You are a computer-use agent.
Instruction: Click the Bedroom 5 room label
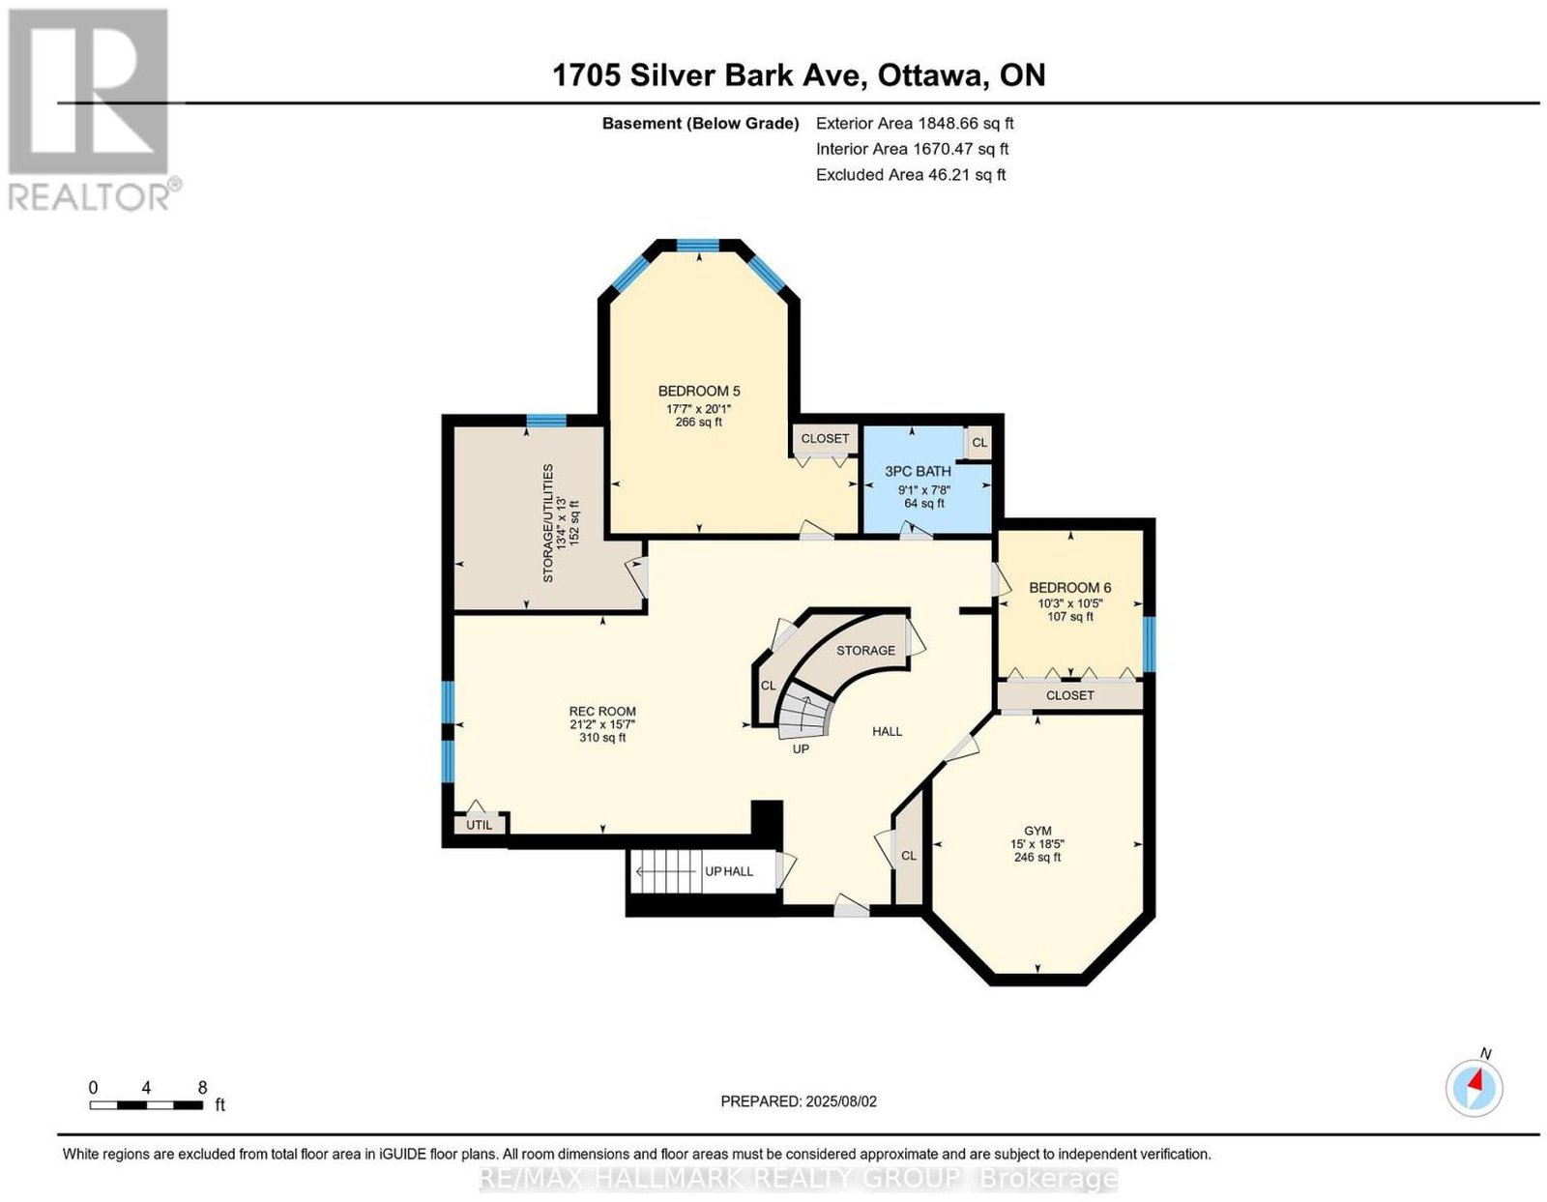[x=698, y=391]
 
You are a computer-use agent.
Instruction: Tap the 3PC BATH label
[x=917, y=470]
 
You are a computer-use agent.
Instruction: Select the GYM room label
[x=1037, y=830]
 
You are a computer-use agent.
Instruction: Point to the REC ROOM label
[x=602, y=711]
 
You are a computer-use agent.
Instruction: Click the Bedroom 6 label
[x=1070, y=587]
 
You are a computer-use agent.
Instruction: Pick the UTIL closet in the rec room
[x=481, y=824]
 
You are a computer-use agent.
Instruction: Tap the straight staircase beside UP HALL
[x=665, y=871]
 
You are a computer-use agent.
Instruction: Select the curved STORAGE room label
[x=865, y=650]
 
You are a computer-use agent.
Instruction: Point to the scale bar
[x=146, y=1105]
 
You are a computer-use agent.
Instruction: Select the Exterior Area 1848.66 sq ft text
[x=915, y=123]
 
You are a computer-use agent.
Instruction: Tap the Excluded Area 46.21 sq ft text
[x=911, y=174]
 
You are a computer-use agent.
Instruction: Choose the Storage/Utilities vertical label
[x=547, y=523]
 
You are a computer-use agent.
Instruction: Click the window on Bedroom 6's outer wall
[x=1149, y=644]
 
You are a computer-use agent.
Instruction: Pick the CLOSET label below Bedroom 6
[x=1070, y=695]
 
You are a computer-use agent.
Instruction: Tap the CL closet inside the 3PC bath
[x=979, y=443]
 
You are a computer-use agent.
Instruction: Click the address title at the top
[x=799, y=74]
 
